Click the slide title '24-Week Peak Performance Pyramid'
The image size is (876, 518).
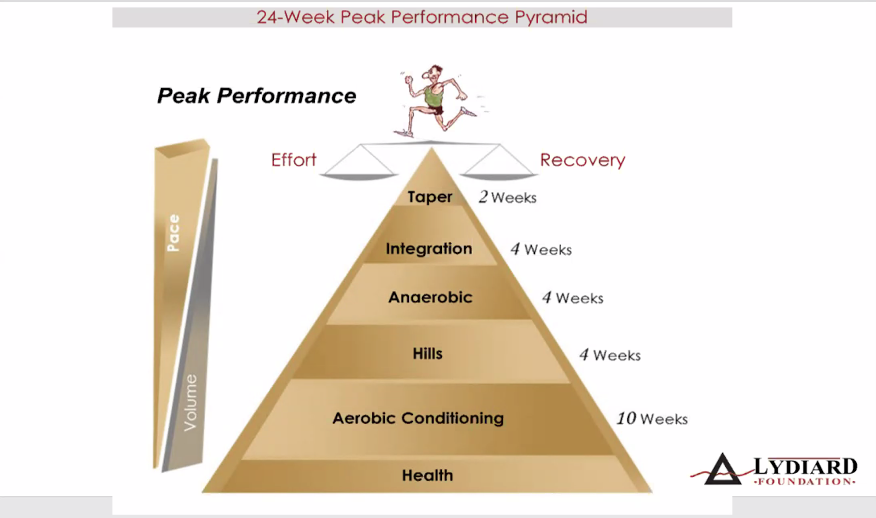tap(422, 17)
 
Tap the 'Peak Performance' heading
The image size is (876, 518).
tap(256, 96)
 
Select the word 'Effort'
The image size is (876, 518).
tap(293, 160)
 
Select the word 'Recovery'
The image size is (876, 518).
tap(582, 160)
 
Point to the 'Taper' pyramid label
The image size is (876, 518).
tap(430, 197)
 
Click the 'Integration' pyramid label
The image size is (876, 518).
tap(429, 249)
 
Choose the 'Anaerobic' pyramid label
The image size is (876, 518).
tap(430, 298)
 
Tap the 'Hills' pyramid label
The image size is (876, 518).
tap(428, 354)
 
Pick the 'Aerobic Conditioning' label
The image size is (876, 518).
tap(418, 418)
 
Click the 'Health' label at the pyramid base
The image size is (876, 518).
tap(428, 475)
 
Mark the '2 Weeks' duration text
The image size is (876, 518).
tap(508, 197)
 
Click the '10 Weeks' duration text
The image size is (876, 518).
tap(652, 419)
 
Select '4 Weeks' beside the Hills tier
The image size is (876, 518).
tap(610, 355)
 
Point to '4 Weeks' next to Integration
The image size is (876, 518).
tap(541, 249)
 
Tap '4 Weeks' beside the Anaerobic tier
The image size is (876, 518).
tap(573, 298)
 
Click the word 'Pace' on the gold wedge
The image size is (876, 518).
tap(174, 232)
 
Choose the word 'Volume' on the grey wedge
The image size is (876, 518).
tap(190, 402)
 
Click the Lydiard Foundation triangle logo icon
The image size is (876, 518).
tap(722, 470)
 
